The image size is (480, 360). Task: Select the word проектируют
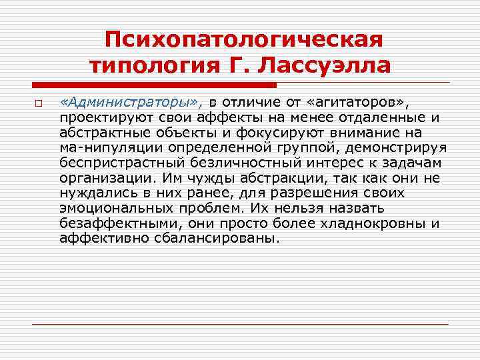97,117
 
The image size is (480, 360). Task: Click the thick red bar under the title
154,85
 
